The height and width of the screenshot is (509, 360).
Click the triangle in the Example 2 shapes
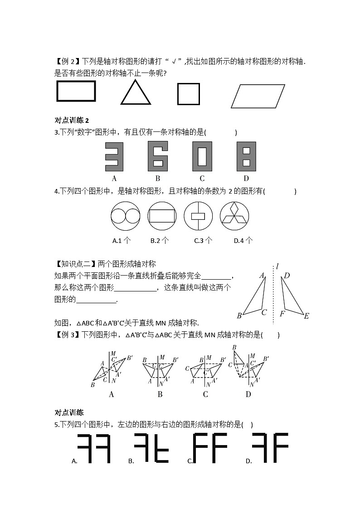136,94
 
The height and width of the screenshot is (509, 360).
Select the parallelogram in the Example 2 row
258,96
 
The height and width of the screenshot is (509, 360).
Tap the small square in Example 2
188,94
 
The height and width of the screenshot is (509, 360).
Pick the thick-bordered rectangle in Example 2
76,91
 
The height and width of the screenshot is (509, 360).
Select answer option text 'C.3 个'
203,241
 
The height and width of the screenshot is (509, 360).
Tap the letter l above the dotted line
277,267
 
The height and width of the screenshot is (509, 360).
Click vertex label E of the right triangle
306,316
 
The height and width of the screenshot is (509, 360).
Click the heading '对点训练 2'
72,120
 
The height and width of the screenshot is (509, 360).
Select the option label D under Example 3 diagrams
248,394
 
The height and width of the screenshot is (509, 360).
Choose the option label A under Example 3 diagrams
112,394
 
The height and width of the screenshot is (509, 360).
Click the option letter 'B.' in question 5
131,461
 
